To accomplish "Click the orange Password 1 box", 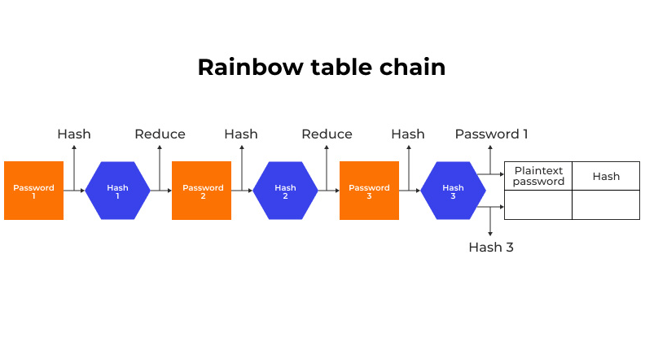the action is click(x=33, y=191).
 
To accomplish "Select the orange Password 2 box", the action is click(x=202, y=191).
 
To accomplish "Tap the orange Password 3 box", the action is click(x=369, y=191).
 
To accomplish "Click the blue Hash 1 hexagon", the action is click(x=117, y=191).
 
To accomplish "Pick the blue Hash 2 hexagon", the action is click(x=286, y=191).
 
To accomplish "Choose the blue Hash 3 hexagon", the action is click(x=453, y=191).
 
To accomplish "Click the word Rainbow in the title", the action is click(x=251, y=67).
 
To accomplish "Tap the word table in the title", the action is click(x=341, y=67).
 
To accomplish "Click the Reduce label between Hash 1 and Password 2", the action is click(x=160, y=134).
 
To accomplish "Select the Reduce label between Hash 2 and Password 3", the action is click(x=327, y=134).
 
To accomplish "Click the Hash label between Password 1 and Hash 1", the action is click(x=74, y=134).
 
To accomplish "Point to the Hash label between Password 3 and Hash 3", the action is click(x=408, y=134).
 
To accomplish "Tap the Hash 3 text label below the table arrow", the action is click(x=491, y=248).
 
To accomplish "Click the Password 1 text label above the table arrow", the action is click(x=492, y=134).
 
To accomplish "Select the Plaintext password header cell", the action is click(x=538, y=176).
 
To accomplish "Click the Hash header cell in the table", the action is click(x=606, y=176).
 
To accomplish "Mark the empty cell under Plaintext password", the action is click(x=538, y=205).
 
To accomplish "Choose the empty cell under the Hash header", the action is click(x=606, y=205).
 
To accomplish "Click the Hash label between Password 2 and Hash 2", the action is click(x=241, y=134).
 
